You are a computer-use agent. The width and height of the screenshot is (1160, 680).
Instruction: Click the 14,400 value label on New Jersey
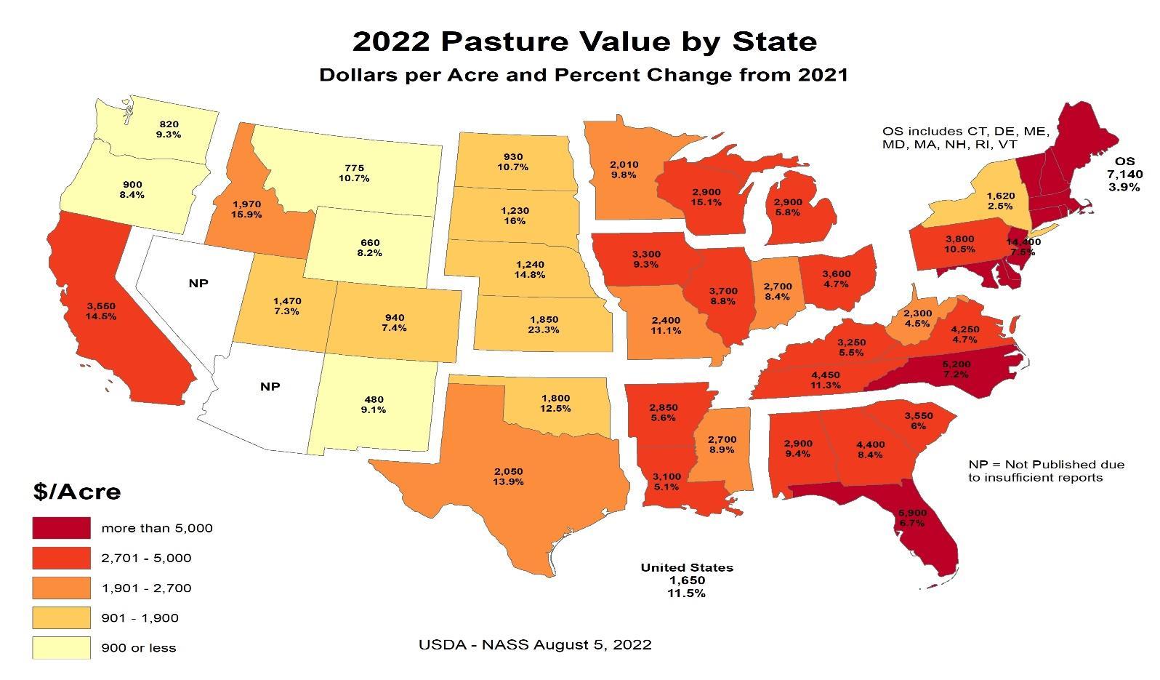point(1023,241)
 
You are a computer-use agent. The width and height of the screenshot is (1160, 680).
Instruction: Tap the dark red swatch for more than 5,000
point(61,528)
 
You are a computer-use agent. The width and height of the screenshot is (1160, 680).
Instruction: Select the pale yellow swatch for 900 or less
point(61,647)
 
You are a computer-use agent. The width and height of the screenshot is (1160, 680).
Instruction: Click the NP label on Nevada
point(198,283)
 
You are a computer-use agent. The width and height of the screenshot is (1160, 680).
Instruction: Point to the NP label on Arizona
point(270,386)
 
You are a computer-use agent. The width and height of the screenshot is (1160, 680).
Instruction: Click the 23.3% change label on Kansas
point(543,329)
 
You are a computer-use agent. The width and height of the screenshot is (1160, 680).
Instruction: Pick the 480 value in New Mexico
point(374,399)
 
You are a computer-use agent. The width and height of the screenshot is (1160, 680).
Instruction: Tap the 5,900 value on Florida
point(911,512)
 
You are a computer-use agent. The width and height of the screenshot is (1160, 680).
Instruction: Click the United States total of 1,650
point(687,580)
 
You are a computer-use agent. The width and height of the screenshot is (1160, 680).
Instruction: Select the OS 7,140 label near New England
point(1124,174)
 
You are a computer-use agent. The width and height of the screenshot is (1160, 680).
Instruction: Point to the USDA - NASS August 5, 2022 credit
point(535,644)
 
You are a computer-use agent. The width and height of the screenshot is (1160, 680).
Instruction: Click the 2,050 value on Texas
point(507,471)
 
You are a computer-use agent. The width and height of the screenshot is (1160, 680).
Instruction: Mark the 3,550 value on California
point(101,306)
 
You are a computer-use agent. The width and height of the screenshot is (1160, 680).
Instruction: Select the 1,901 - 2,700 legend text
point(146,588)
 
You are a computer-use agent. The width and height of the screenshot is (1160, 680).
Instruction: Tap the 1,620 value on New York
point(999,196)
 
